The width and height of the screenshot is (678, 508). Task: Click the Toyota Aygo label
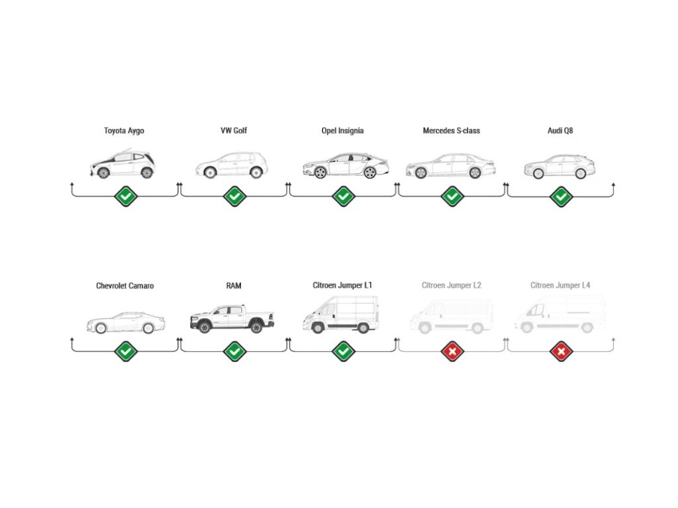[x=124, y=131]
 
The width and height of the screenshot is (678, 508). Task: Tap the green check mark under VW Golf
[x=234, y=196]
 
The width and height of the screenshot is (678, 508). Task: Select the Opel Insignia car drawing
[x=344, y=165]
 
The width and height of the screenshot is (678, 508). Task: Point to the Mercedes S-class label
[x=451, y=131]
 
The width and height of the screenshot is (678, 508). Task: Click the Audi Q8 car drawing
[x=559, y=167]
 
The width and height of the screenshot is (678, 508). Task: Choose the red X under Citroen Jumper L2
[x=452, y=351]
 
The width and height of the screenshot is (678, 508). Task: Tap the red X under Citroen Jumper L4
[x=561, y=351]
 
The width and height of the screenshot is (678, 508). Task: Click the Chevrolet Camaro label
[x=125, y=286]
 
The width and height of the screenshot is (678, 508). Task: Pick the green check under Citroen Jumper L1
[x=343, y=351]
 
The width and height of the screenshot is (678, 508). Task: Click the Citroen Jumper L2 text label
[x=451, y=286]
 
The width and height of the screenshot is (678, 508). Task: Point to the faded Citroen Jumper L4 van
[x=560, y=315]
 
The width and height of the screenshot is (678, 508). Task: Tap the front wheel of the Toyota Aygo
[x=103, y=173]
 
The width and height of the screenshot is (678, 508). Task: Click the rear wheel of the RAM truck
[x=256, y=326]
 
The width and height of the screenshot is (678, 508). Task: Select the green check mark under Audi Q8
[x=561, y=196]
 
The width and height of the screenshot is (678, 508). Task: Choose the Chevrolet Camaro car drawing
[x=125, y=323]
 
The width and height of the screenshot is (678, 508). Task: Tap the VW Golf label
[x=234, y=131]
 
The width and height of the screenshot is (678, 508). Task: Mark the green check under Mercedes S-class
[x=452, y=196]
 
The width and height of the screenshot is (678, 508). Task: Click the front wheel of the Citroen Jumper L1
[x=318, y=327]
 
